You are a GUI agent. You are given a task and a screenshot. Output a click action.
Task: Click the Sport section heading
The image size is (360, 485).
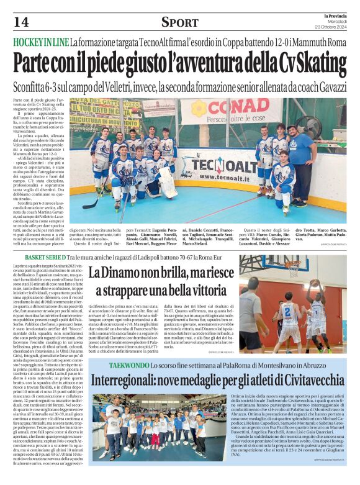[180, 22]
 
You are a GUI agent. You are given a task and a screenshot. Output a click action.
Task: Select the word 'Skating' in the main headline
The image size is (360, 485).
[310, 63]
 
